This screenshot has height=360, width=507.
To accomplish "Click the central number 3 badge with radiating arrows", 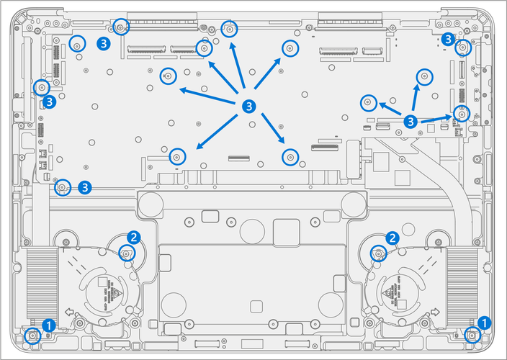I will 248,106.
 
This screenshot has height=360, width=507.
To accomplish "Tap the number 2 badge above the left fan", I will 133,236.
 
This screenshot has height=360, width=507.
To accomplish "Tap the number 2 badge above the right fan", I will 392,237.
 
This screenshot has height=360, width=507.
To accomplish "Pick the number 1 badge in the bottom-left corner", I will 48,325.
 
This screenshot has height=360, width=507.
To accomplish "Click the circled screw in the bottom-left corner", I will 32,335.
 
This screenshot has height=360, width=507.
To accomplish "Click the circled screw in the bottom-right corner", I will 472,334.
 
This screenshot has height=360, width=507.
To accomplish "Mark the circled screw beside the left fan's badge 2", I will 126,252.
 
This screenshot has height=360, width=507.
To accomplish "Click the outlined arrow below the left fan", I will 68,312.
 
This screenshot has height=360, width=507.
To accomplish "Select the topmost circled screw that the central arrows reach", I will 230,30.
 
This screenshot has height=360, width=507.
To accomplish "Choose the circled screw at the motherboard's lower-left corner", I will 63,187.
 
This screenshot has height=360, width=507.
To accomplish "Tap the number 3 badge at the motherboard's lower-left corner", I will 85,187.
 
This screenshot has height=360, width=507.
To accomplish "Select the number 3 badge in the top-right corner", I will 448,38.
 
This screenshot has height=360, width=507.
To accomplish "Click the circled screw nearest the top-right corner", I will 463,48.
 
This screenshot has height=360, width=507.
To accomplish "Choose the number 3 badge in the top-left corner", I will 104,43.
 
